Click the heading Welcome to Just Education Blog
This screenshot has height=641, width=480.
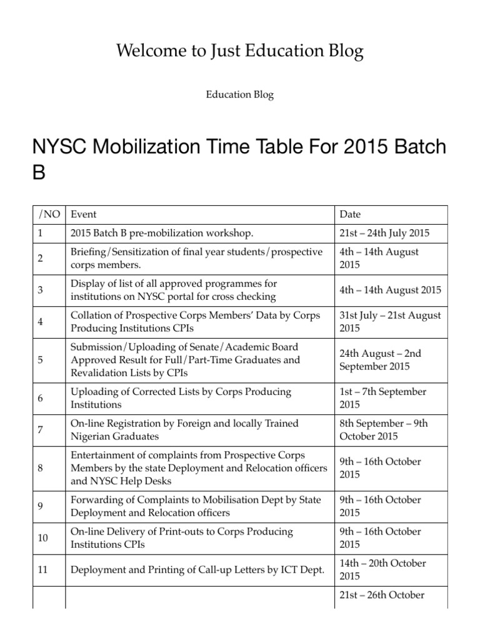[240, 51]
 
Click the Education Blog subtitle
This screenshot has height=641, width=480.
[240, 95]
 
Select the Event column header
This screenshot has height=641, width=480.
[84, 214]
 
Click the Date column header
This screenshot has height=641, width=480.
[350, 214]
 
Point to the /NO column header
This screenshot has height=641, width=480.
[49, 214]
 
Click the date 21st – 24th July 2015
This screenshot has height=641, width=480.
[384, 233]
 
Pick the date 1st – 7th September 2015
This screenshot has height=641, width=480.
[382, 398]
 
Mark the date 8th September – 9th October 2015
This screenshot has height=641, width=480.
[383, 430]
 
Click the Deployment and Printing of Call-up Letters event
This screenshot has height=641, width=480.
[197, 570]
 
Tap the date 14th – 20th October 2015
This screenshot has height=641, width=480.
[382, 570]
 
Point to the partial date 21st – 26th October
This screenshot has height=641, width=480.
[382, 595]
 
